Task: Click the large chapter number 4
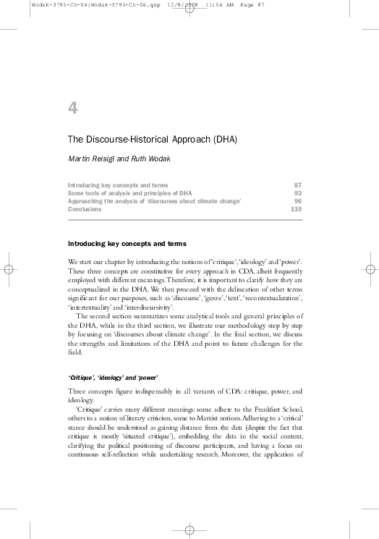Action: (72, 109)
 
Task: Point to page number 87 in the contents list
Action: (297, 186)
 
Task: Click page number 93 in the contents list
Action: (297, 193)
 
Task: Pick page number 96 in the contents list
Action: (297, 201)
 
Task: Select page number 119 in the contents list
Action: (296, 208)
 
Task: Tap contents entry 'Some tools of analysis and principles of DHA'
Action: (129, 193)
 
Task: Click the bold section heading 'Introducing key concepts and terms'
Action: (127, 244)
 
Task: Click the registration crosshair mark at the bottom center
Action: (189, 530)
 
